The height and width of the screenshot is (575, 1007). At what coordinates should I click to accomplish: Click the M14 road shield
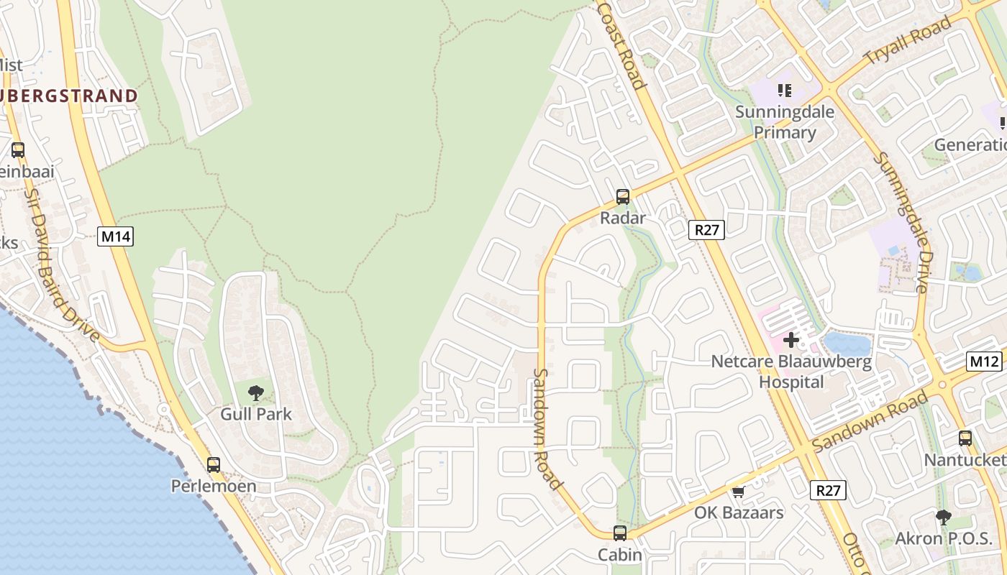pyautogui.click(x=116, y=236)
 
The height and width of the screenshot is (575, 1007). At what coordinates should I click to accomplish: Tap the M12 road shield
pyautogui.click(x=983, y=361)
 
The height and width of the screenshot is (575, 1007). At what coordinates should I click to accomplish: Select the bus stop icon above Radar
pyautogui.click(x=623, y=196)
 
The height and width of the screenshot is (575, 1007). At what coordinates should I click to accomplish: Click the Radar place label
pyautogui.click(x=623, y=218)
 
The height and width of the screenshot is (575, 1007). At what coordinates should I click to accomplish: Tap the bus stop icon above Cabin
pyautogui.click(x=620, y=533)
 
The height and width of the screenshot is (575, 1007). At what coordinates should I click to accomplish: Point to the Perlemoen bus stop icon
pyautogui.click(x=214, y=464)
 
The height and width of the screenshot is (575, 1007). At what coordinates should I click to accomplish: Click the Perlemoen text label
pyautogui.click(x=214, y=487)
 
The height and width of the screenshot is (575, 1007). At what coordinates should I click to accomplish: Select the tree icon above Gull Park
pyautogui.click(x=255, y=392)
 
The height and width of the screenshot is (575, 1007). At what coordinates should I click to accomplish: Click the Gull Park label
pyautogui.click(x=256, y=414)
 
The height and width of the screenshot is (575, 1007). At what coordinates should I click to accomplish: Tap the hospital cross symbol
pyautogui.click(x=791, y=340)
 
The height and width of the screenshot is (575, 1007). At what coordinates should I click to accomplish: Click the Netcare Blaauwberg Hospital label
pyautogui.click(x=791, y=372)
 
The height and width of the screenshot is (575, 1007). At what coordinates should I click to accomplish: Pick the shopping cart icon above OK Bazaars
pyautogui.click(x=738, y=492)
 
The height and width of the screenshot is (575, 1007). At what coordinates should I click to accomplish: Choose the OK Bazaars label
pyautogui.click(x=739, y=513)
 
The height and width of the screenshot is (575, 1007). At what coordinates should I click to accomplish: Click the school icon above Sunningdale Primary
pyautogui.click(x=785, y=91)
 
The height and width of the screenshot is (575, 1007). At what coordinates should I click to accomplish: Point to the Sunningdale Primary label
pyautogui.click(x=785, y=122)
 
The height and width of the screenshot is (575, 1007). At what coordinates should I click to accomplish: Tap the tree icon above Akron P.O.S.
pyautogui.click(x=944, y=517)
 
